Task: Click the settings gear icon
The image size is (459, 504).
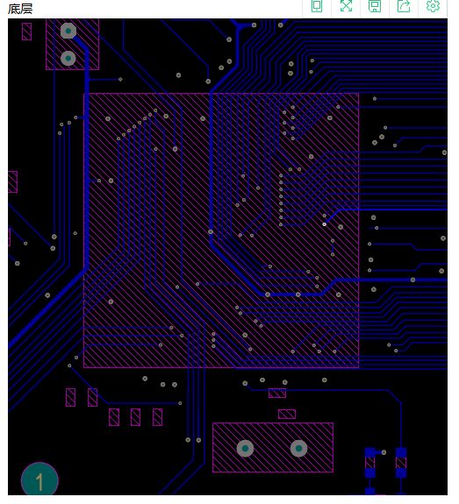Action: coord(433,6)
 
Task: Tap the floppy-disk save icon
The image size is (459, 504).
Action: coord(375,6)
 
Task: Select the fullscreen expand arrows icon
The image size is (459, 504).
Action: coord(346,6)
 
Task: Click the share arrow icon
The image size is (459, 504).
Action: coord(404,6)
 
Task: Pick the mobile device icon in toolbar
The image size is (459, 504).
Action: coord(317,6)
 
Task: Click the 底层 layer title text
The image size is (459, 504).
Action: coord(20,9)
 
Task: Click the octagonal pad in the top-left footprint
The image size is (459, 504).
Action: coord(68,31)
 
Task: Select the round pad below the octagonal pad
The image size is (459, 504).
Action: coord(68,58)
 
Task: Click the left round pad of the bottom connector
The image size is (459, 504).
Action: coord(245,448)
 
